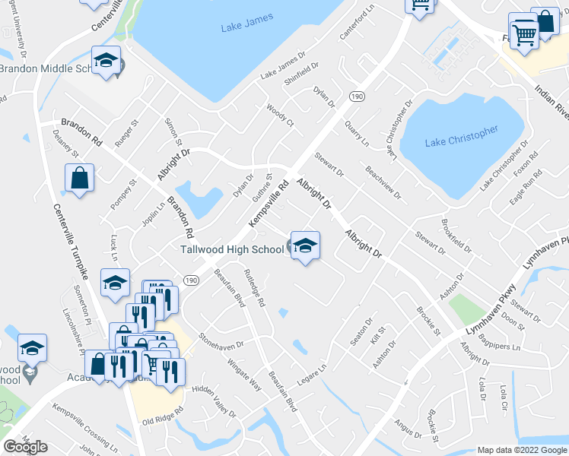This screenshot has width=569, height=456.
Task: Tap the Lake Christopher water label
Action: [461, 136]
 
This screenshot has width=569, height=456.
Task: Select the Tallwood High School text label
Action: [232, 249]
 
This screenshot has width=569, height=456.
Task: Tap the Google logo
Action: [25, 447]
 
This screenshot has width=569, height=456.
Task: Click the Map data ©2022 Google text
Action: [521, 450]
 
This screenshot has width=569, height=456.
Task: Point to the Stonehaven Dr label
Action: [221, 339]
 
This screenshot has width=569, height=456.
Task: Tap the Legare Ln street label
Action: [311, 375]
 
